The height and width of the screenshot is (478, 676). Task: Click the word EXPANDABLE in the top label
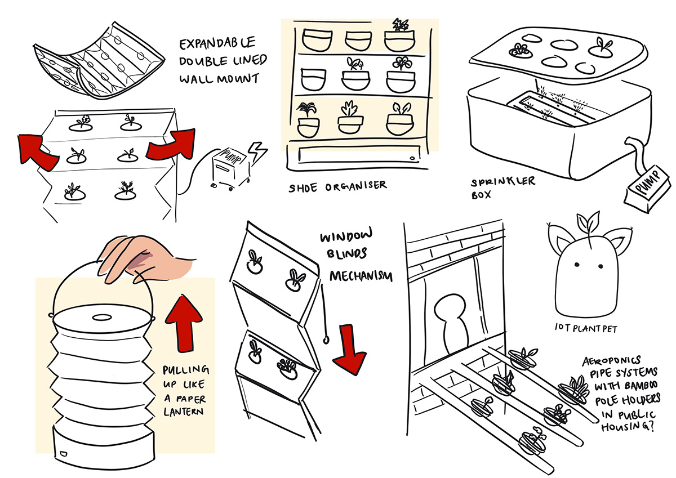pos(217,43)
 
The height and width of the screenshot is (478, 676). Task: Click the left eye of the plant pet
pos(577,264)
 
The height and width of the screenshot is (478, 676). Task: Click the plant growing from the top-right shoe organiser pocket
pos(401,25)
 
